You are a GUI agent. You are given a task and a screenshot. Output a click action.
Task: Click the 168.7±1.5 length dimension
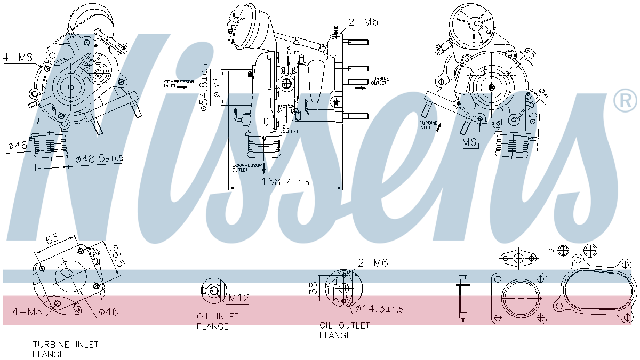(285, 182)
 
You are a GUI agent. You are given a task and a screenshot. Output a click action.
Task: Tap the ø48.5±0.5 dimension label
(99, 159)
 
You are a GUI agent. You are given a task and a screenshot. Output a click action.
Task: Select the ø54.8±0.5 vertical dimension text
(204, 87)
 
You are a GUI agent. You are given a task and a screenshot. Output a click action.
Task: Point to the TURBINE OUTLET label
(380, 81)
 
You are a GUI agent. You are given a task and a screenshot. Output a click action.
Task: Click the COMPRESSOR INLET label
(178, 84)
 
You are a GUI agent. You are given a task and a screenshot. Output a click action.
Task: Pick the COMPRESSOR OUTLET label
(247, 167)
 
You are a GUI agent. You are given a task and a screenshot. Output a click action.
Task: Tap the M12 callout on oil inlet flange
(238, 298)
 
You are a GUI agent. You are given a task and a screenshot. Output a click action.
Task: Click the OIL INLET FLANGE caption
(218, 321)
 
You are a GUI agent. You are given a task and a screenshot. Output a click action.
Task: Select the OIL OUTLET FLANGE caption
(344, 330)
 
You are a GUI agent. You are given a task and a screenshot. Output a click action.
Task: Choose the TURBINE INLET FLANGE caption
(66, 349)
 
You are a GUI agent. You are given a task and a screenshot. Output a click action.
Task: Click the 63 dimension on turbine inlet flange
(52, 240)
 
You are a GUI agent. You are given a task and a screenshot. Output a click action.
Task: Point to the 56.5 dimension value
(116, 257)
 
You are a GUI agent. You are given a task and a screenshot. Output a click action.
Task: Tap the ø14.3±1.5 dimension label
(379, 309)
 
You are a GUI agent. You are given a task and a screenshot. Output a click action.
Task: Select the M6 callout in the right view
(469, 142)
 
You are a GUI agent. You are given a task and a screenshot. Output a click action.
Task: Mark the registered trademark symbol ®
(625, 101)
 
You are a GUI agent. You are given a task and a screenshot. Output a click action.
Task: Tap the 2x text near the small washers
(552, 250)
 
